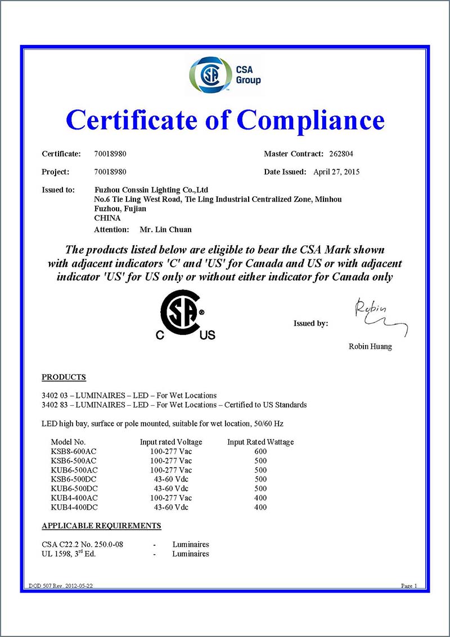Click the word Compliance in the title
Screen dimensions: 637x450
point(310,119)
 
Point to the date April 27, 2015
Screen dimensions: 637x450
point(336,172)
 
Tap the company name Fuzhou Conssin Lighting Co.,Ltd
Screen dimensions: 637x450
point(151,190)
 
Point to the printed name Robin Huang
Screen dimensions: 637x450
point(370,347)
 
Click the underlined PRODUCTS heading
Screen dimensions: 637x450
point(64,377)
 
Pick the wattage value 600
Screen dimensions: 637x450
point(260,451)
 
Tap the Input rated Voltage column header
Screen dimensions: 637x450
point(171,442)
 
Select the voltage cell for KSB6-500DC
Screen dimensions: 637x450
point(171,479)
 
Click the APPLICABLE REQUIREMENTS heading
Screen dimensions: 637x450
point(101,526)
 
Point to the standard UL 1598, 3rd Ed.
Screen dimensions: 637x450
point(69,554)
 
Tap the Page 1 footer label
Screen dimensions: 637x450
point(409,586)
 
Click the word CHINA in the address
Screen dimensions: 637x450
point(107,218)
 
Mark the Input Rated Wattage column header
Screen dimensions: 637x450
point(260,442)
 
